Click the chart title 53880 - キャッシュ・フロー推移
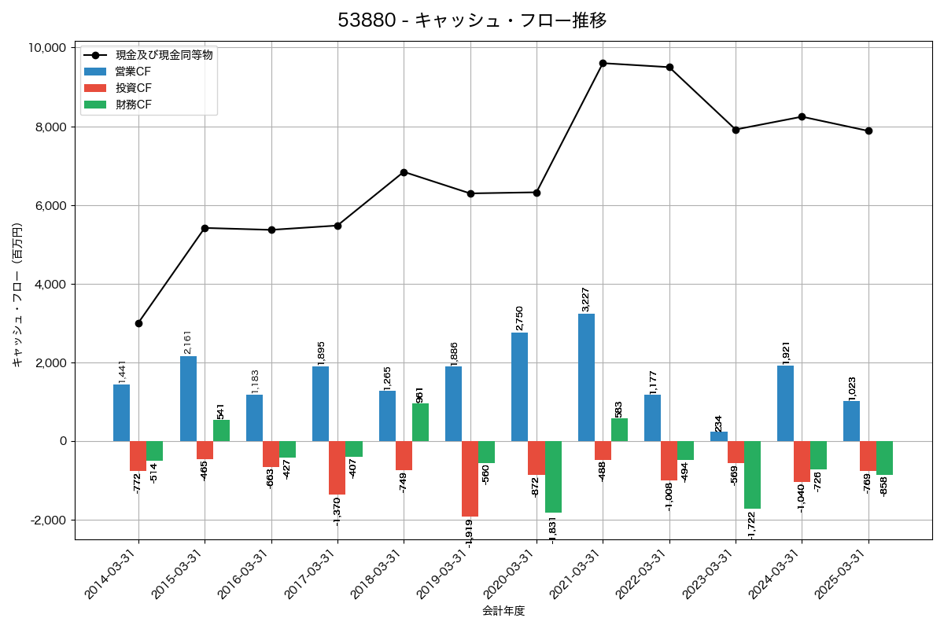pos(472,20)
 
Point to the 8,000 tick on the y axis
pos(46,127)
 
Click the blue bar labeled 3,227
pos(586,377)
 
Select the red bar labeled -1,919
pos(470,479)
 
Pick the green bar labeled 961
pos(420,422)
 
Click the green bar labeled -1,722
pos(752,475)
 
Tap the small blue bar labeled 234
pos(719,436)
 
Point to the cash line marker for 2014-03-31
pos(138,323)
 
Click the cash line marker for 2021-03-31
pos(603,63)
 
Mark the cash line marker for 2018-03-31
pos(404,172)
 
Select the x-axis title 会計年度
pos(503,610)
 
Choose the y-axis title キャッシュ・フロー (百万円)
pos(17,296)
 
